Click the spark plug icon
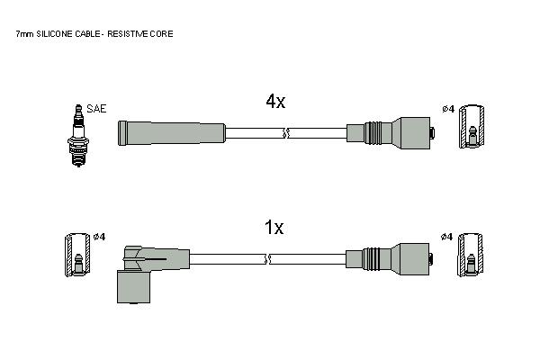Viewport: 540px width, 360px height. (78, 136)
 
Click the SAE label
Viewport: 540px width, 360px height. (96, 109)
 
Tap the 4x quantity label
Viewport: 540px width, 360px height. (275, 102)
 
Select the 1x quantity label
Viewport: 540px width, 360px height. (274, 228)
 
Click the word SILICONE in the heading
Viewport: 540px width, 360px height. (55, 34)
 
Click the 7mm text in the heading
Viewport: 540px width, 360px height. (25, 34)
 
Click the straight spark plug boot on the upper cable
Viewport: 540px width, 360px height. (172, 133)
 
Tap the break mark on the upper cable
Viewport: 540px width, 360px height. (286, 133)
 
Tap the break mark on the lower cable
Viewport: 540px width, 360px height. (267, 259)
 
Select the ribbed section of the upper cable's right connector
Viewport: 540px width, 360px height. (373, 133)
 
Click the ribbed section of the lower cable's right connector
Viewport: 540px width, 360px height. (371, 259)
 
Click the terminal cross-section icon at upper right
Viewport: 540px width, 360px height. (472, 127)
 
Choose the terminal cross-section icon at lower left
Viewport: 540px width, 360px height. (77, 255)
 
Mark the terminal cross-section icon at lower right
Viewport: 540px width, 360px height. (471, 255)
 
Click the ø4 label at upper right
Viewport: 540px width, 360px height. (448, 109)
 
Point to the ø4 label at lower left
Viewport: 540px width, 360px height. (99, 237)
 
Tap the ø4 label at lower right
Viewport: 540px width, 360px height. (446, 237)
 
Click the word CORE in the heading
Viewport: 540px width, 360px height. (165, 34)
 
